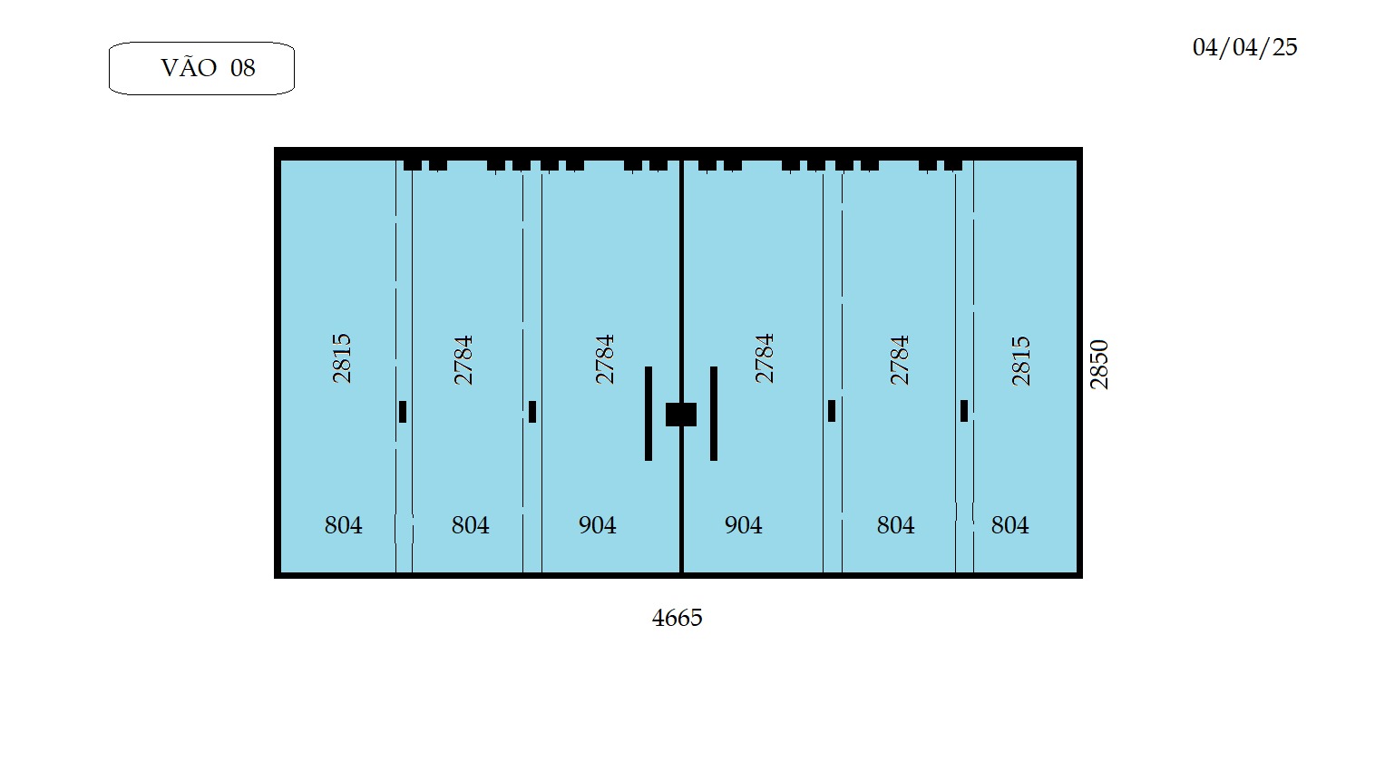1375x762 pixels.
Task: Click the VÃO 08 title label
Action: tap(208, 67)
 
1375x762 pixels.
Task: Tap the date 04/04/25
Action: tap(1245, 47)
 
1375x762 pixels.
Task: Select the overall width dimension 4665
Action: tap(677, 618)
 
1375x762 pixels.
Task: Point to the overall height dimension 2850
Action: tap(1098, 364)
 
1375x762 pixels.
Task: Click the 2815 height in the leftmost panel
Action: tap(342, 358)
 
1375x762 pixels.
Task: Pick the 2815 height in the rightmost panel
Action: tap(1020, 360)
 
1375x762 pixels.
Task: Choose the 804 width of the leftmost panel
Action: tap(343, 525)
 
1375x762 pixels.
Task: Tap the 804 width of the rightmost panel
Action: tap(1009, 525)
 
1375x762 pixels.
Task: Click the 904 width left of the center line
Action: tap(598, 525)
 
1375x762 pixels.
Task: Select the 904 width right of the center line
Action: tap(744, 525)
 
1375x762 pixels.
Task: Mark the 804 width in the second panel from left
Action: tap(470, 525)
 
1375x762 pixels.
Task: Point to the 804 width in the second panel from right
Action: tap(895, 525)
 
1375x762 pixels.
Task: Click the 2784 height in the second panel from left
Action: tap(463, 360)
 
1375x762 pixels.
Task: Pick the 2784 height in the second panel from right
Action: tap(899, 360)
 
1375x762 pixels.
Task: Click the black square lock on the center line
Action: tap(681, 415)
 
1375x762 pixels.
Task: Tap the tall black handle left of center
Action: tap(648, 414)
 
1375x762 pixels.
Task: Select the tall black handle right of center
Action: tap(713, 414)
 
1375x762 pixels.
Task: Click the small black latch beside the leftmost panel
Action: tap(403, 412)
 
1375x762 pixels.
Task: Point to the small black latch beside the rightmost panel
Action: tap(964, 411)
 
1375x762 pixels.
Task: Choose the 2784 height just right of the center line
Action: tap(765, 358)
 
